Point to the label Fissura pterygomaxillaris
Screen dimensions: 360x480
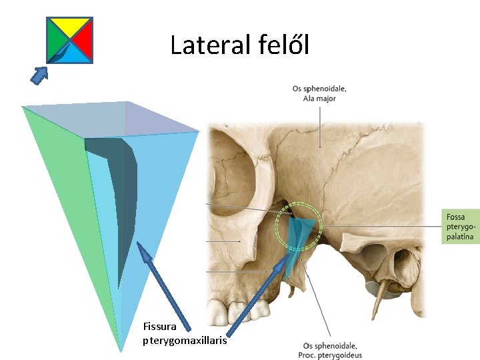point(185,334)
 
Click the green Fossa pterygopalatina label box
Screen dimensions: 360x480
point(461,227)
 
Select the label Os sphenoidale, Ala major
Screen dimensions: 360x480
point(319,93)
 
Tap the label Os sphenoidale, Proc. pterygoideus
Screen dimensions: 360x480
point(329,350)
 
